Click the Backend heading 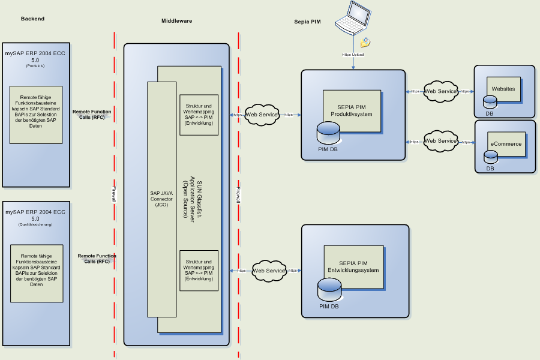pos(32,19)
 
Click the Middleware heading pos(176,21)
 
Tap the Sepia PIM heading pos(307,22)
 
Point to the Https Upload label pos(353,55)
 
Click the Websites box pos(503,89)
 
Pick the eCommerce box pos(506,144)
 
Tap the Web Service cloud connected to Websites pos(440,91)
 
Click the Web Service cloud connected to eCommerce pos(440,141)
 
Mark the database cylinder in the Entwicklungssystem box pos(329,292)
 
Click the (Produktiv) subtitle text pos(35,66)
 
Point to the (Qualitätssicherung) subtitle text pos(35,224)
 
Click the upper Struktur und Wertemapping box pos(199,115)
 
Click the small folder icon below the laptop pos(365,43)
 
